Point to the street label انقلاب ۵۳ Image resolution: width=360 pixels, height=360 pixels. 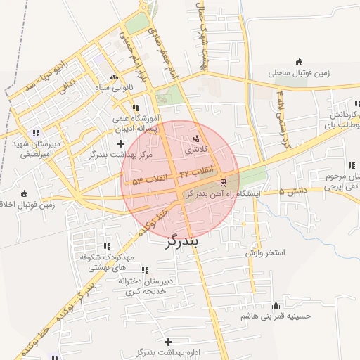[x=150, y=181]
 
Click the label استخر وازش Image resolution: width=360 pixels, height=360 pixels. [x=264, y=252]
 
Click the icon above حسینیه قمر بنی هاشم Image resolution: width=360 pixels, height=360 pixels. [x=276, y=305]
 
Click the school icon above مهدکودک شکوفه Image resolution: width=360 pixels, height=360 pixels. [x=107, y=247]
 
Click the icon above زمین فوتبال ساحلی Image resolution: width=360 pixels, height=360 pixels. [x=300, y=61]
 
